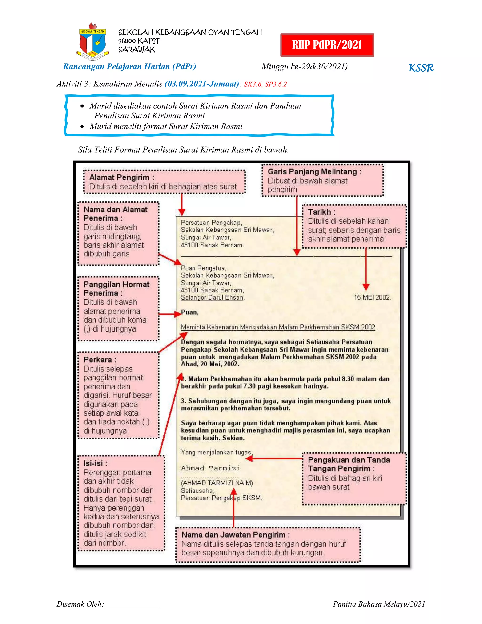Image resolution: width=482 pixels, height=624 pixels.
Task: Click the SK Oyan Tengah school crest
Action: point(92,41)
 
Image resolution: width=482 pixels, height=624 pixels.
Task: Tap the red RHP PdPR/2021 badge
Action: point(327,45)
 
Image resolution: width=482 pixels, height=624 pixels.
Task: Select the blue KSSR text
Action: point(421,68)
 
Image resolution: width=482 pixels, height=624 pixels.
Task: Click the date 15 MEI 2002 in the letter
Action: point(372,297)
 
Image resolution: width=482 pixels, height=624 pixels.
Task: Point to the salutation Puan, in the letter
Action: point(190,312)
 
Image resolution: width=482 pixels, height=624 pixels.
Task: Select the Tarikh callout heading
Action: point(321,212)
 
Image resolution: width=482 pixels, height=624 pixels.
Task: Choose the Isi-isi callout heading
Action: point(95,463)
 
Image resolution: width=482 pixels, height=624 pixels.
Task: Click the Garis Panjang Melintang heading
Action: point(314,172)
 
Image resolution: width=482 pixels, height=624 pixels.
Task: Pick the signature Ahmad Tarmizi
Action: point(211,468)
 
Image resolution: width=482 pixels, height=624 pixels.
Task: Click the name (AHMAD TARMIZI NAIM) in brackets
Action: point(217,483)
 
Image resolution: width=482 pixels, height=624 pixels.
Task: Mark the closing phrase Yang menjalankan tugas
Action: point(216,453)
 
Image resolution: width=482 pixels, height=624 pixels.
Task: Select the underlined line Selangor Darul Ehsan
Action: point(213,297)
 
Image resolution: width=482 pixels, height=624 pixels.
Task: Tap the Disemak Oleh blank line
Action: point(131,604)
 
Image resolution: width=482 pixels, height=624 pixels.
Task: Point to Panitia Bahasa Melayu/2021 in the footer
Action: point(379,604)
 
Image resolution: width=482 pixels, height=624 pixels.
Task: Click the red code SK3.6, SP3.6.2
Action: point(265,84)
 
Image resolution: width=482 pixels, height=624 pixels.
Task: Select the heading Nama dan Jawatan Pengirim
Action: point(236,535)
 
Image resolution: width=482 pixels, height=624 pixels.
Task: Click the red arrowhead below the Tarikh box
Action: point(366,287)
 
